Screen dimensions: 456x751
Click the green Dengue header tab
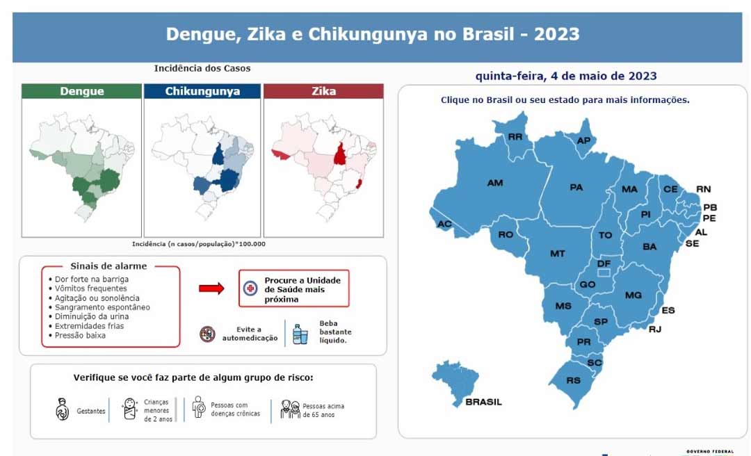tap(82, 91)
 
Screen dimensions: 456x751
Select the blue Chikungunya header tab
tap(202, 91)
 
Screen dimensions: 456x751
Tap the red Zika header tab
tap(323, 91)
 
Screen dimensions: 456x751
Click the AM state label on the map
tap(495, 183)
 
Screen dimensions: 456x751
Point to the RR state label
tap(515, 137)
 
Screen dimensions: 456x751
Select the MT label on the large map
tap(558, 254)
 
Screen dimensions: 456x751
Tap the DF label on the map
tap(604, 263)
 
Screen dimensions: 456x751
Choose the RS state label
tap(574, 380)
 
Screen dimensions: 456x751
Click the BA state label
tap(649, 247)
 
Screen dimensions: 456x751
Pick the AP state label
tap(584, 140)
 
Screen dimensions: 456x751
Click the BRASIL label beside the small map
tap(483, 402)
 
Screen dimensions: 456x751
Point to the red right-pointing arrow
tap(211, 288)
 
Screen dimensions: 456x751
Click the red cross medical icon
tap(250, 288)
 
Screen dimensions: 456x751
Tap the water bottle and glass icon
tap(300, 333)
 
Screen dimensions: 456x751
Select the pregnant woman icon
tap(62, 409)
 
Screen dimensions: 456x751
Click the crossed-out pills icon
tap(207, 334)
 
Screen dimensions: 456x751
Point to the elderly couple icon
tap(290, 409)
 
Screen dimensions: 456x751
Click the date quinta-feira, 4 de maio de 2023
tap(566, 76)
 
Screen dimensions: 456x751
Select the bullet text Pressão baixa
tap(80, 335)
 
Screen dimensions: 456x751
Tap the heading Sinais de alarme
tap(109, 266)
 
